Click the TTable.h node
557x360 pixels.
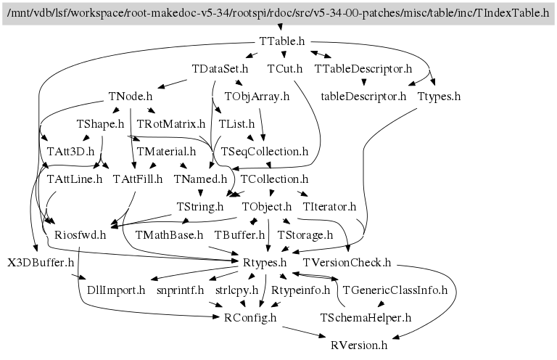[x=281, y=41]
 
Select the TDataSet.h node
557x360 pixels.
[x=220, y=68]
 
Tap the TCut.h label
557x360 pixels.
[x=284, y=68]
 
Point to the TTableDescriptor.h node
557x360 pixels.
[x=363, y=68]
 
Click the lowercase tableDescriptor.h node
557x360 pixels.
[x=363, y=97]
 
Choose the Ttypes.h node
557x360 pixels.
[x=439, y=97]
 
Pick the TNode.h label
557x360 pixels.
[x=131, y=97]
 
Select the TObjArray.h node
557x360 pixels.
[x=257, y=97]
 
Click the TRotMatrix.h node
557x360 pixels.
[x=171, y=123]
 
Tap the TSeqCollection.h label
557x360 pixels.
[x=265, y=152]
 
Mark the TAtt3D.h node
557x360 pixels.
[x=70, y=152]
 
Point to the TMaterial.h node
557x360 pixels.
[x=166, y=152]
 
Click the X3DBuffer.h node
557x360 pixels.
[x=41, y=263]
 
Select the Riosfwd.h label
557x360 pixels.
[x=80, y=235]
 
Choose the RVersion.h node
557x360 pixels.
[x=359, y=345]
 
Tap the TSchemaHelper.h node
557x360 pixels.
[x=366, y=317]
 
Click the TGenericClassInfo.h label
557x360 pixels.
[x=395, y=290]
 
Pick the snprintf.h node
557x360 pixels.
[x=180, y=290]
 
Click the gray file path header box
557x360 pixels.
[x=278, y=14]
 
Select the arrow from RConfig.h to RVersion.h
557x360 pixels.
[x=304, y=332]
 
